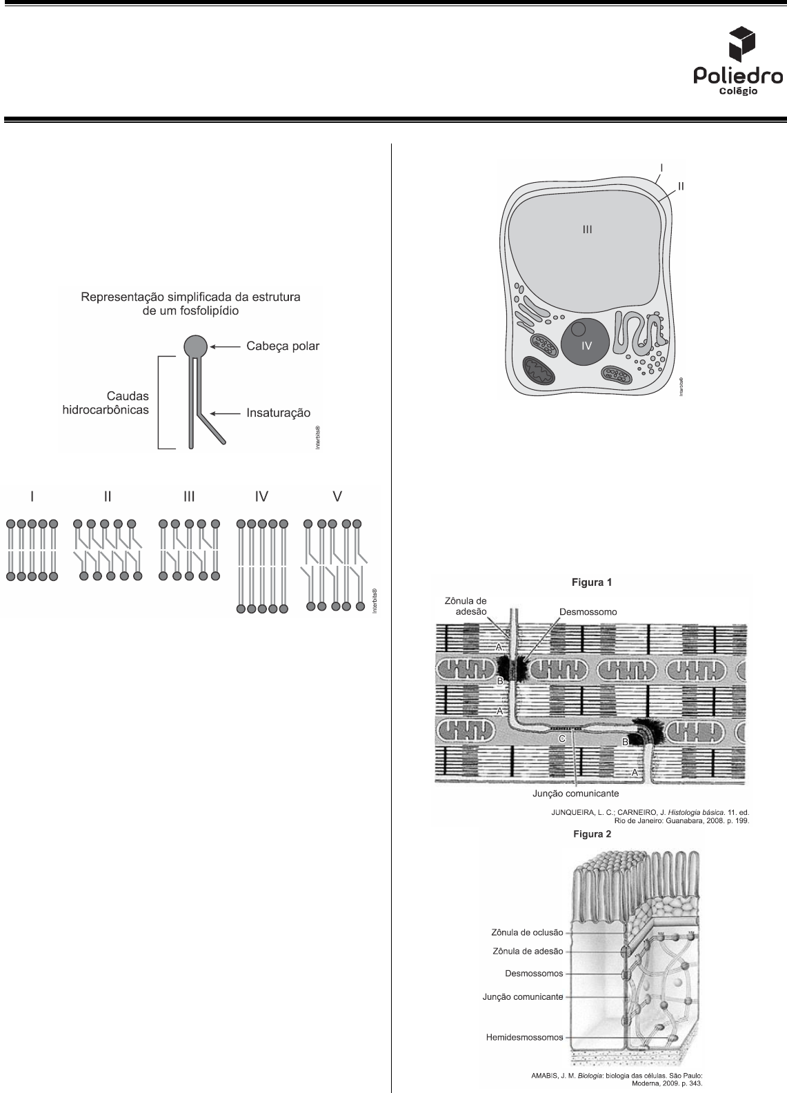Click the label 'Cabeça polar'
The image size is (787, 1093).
pos(283,346)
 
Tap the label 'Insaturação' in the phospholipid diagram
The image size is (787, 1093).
pos(279,413)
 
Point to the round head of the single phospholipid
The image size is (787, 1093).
pos(195,345)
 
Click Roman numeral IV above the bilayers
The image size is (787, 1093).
pos(261,496)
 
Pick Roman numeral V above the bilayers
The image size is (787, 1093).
pos(337,496)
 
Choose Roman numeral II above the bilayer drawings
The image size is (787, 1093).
pos(108,496)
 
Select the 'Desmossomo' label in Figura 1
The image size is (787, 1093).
pos(588,612)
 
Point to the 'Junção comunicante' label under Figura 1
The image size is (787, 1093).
pos(575,794)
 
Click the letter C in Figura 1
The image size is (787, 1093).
pos(562,738)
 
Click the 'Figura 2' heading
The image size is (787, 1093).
pos(592,834)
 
